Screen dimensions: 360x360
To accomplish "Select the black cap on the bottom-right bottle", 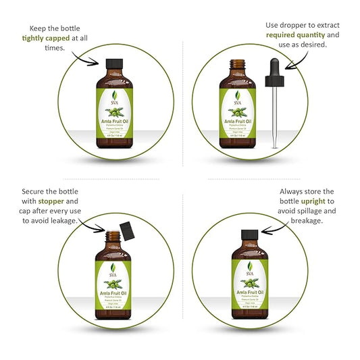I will tap(245, 236).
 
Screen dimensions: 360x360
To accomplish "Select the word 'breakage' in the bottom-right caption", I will tap(306, 221).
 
